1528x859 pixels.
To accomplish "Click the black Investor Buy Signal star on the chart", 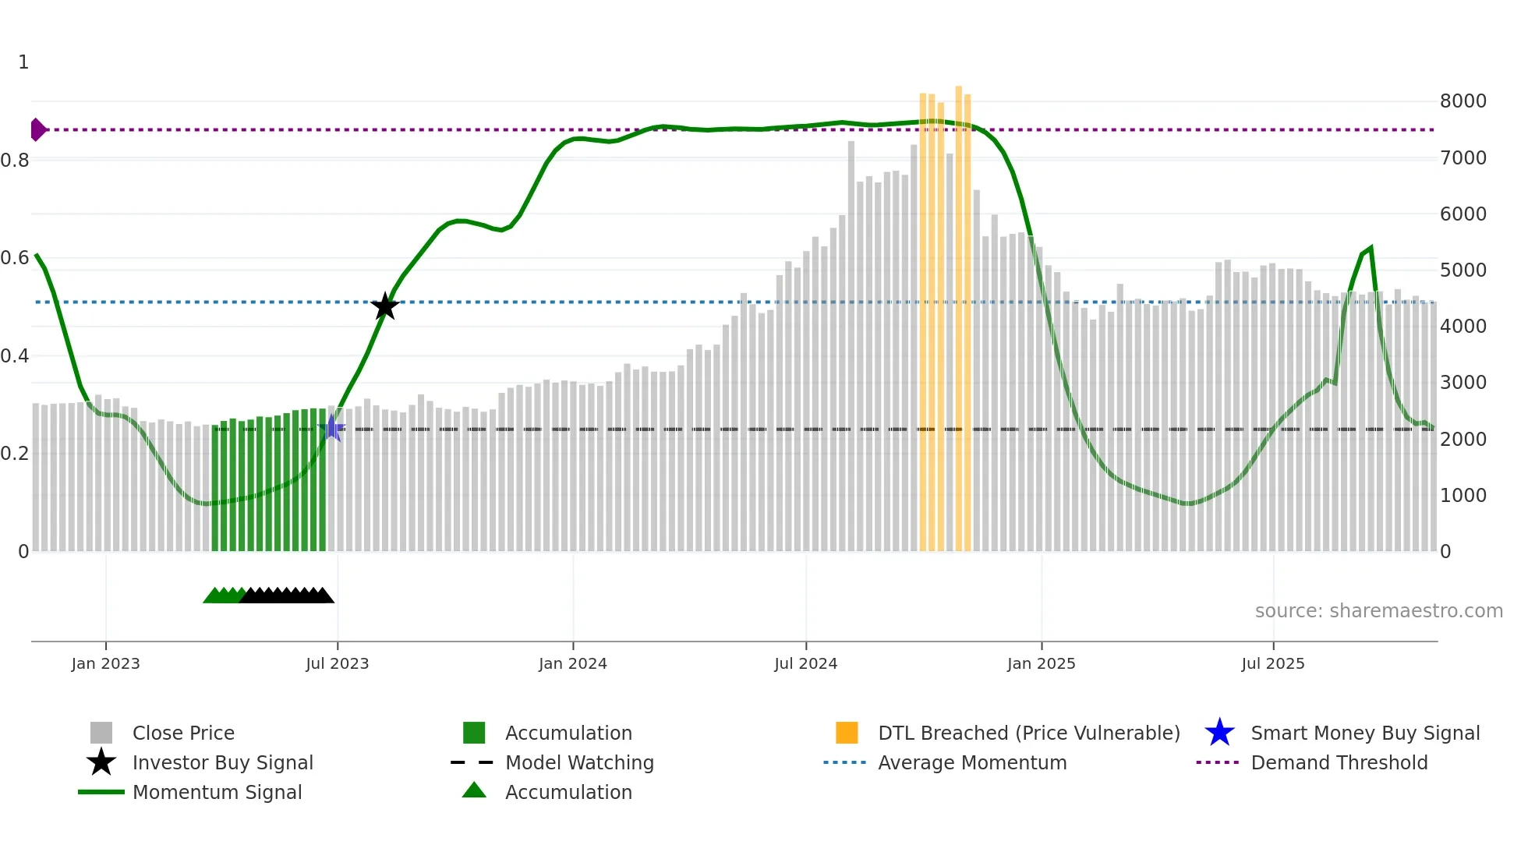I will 384,306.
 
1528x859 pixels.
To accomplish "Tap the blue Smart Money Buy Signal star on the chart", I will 332,428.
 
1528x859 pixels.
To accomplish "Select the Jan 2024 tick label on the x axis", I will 572,663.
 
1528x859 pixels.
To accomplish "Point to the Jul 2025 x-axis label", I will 1272,663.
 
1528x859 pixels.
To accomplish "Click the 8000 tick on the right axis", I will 1463,101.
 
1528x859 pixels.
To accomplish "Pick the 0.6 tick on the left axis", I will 15,258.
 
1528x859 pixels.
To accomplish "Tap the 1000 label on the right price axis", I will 1463,496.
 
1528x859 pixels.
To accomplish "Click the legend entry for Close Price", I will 183,733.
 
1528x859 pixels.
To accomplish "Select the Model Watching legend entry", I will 579,762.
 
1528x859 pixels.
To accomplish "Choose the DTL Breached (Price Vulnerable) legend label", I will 1028,733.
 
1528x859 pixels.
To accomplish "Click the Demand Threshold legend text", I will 1339,762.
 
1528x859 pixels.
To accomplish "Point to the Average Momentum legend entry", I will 972,762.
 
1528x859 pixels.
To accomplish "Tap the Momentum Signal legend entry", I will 217,792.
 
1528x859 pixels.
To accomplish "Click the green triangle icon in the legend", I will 474,790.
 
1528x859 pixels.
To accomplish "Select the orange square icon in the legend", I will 847,733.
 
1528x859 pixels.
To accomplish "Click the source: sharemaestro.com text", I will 1378,611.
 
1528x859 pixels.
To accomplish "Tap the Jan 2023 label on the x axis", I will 105,663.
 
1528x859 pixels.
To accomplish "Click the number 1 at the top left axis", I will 23,62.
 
